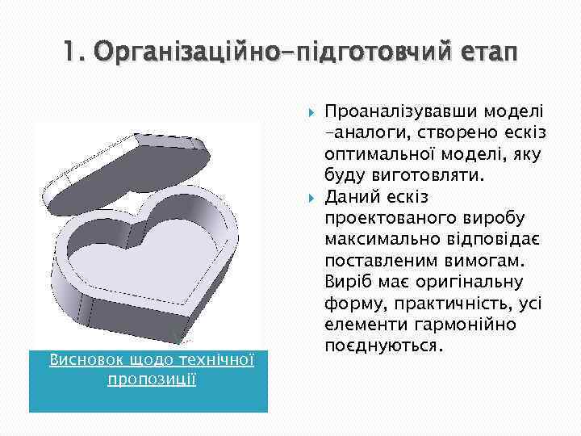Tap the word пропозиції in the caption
[x=152, y=378]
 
